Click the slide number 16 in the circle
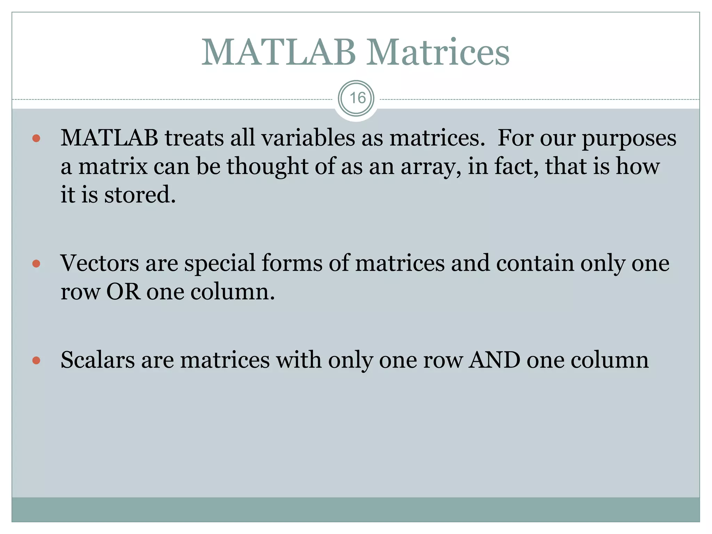[x=356, y=98]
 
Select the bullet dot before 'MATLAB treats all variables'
[x=36, y=139]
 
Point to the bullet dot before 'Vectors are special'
[x=36, y=264]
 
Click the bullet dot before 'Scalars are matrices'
[x=36, y=360]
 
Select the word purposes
[x=629, y=139]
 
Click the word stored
[x=140, y=195]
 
